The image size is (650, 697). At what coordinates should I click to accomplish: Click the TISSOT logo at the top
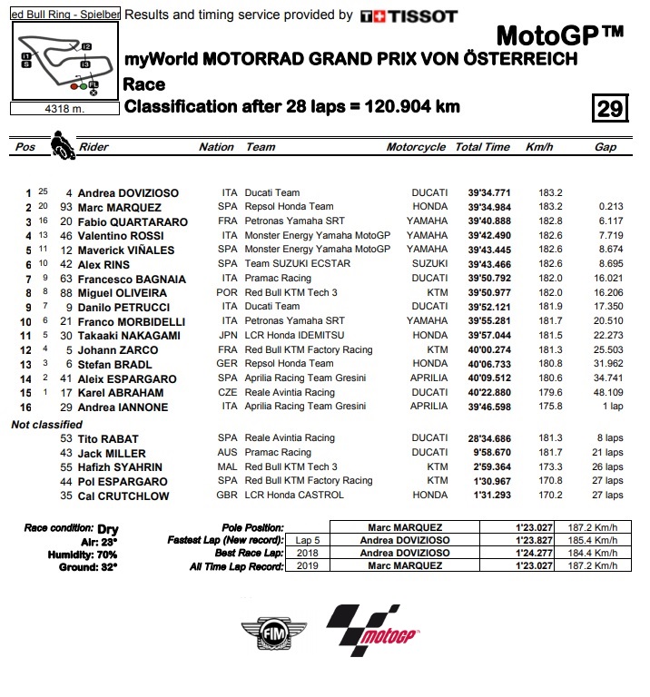click(409, 15)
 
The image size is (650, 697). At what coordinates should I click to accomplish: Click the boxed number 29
click(609, 109)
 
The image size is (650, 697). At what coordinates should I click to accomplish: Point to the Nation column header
click(216, 147)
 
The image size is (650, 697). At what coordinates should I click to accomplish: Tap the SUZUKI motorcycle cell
click(428, 264)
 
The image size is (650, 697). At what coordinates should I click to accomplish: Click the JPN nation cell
click(228, 336)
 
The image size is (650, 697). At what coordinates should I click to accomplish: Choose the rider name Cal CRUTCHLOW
click(127, 496)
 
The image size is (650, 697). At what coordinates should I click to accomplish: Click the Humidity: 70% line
click(70, 554)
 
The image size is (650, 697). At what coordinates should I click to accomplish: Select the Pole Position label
click(251, 527)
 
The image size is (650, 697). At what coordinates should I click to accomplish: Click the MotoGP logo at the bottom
click(373, 630)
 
